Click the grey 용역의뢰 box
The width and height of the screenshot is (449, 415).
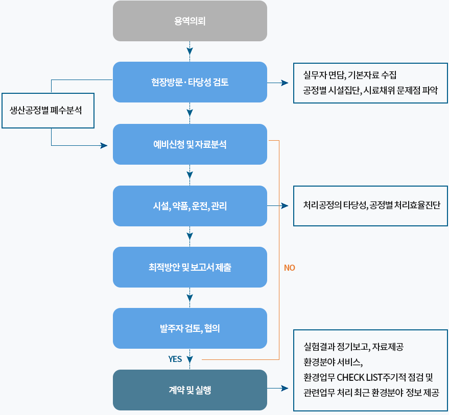190,21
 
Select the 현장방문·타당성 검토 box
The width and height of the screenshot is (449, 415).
190,82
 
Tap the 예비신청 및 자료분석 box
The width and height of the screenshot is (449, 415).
190,144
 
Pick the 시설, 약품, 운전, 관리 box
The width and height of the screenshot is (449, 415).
190,206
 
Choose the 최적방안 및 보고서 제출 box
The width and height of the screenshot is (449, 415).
190,267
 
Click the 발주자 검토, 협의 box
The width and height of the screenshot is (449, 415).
190,328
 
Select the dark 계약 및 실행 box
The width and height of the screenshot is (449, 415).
190,390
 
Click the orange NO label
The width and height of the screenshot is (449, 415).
290,268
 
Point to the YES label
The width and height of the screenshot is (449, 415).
175,359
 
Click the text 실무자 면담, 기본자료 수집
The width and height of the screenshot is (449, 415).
349,75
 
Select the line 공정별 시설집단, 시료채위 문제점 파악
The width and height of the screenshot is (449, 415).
370,91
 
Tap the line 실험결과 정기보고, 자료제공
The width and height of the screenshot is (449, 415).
353,347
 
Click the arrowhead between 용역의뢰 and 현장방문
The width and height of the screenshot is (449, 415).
190,51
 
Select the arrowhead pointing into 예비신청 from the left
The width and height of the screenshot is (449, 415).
104,145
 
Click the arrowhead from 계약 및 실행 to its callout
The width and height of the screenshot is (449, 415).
285,388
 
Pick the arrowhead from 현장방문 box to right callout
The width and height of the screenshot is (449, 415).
285,83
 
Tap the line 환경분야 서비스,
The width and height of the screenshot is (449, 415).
333,362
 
